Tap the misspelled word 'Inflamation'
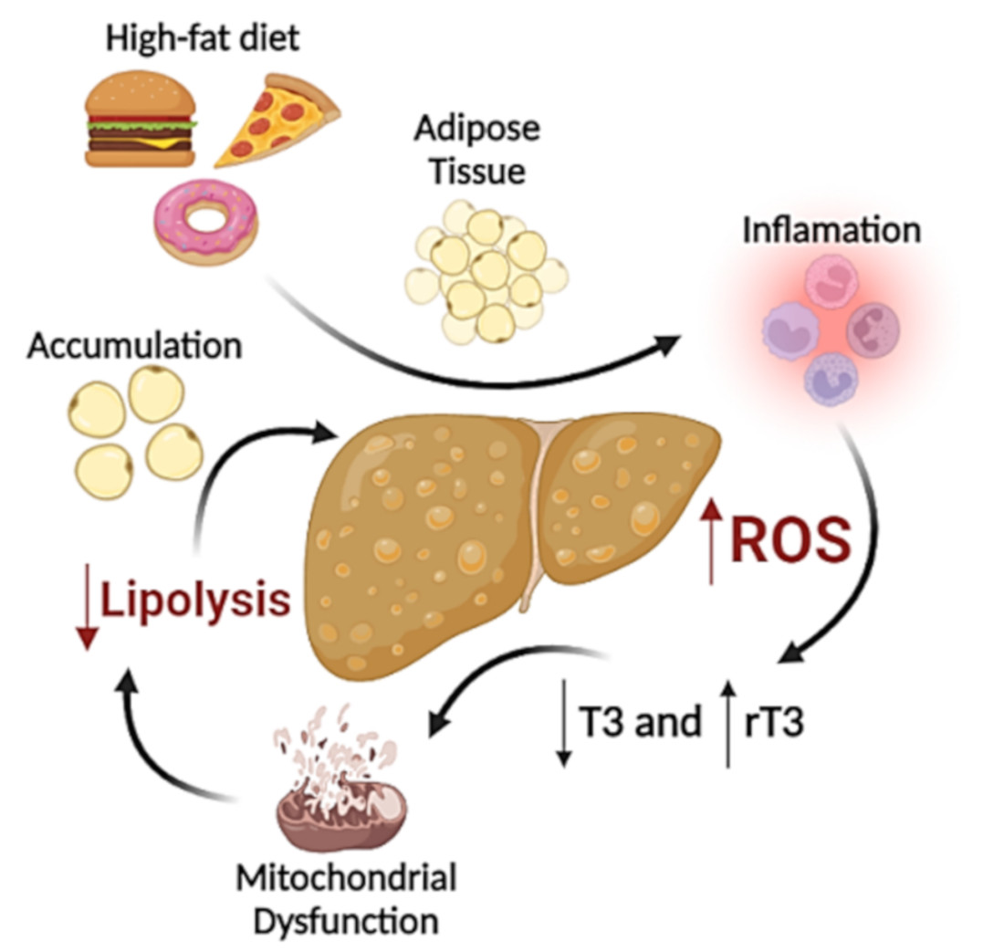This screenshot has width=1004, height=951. pyautogui.click(x=830, y=229)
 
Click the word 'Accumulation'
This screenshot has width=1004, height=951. pyautogui.click(x=134, y=346)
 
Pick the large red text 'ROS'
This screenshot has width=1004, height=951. pyautogui.click(x=790, y=542)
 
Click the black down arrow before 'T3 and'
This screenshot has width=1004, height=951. pyautogui.click(x=563, y=721)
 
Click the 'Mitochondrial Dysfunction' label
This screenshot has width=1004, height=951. pyautogui.click(x=346, y=899)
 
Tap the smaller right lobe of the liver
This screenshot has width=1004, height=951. pyautogui.click(x=630, y=484)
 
